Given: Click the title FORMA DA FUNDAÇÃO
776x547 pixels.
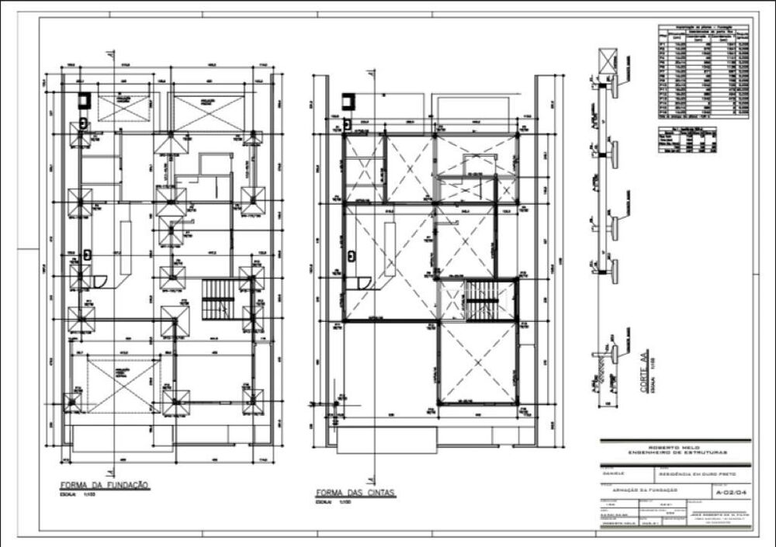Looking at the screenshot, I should pos(105,486).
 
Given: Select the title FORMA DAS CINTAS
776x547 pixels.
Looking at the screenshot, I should pos(356,493).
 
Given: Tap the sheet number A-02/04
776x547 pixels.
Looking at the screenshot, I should pos(729,491).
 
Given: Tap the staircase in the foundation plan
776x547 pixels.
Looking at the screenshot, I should pos(217,299).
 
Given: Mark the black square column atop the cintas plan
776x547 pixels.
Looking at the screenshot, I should pos(350,100).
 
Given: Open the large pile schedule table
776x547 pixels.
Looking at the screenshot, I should pos(703,73).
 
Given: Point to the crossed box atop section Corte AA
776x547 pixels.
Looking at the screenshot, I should pos(607,62).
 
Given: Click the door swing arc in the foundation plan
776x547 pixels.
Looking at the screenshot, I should pos(95,280).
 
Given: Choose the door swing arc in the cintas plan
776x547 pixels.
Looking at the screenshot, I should pos(361,280).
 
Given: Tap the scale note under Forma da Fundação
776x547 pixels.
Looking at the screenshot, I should pos(77,497).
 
